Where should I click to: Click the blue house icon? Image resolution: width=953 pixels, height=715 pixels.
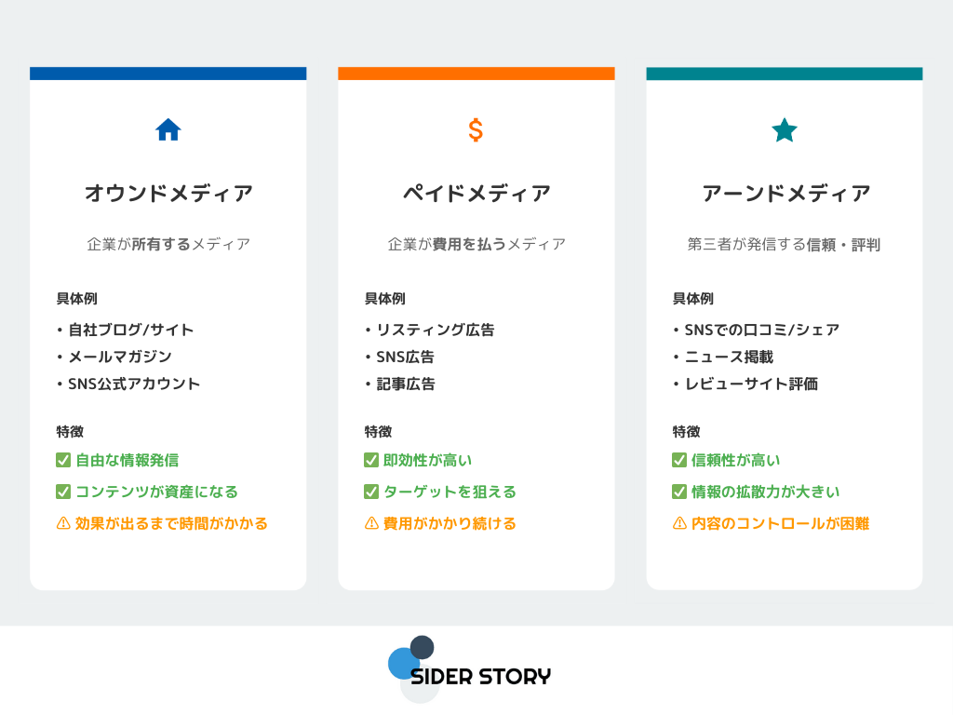coord(168,129)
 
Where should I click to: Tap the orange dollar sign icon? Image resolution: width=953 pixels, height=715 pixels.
coord(476,130)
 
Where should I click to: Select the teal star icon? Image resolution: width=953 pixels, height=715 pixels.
coord(784,130)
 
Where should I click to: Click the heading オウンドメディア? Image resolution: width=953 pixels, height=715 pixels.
coord(168,194)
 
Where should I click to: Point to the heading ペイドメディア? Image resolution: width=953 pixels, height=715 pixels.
coord(476,194)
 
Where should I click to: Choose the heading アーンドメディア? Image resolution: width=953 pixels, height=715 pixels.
coord(785,194)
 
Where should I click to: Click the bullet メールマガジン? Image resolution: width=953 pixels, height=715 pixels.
coord(120,357)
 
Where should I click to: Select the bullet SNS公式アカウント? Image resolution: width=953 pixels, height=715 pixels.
coord(134,384)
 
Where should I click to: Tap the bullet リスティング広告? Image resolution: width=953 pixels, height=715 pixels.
coord(436,330)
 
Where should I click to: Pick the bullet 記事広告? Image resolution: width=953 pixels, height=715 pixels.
coord(406,384)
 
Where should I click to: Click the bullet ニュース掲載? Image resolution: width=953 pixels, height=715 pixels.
coord(729,357)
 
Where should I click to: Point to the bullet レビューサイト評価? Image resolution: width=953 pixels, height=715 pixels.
coord(751,384)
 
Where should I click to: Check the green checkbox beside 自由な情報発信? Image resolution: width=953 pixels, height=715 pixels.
coord(63,460)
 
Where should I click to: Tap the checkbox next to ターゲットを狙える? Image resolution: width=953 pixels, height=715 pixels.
coord(371,492)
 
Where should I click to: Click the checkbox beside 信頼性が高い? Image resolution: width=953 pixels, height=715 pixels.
coord(679,460)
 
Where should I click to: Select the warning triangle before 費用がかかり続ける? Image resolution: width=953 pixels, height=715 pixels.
coord(371,523)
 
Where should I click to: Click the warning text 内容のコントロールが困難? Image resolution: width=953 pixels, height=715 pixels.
coord(781,523)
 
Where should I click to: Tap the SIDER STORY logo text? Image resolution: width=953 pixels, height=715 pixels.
coord(481,677)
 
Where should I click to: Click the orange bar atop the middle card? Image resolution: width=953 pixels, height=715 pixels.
coord(476,74)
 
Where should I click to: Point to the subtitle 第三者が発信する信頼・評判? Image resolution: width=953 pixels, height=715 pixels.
coord(784,245)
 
